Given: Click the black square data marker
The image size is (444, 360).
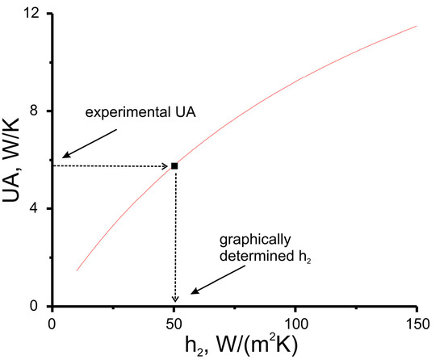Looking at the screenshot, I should (174, 165).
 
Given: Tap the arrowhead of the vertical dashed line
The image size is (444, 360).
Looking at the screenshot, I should (174, 299).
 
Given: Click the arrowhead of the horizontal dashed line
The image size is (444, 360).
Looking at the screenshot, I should (164, 165).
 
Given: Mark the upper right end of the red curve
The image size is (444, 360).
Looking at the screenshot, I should (417, 26).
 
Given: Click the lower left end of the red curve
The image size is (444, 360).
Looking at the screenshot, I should (77, 270).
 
